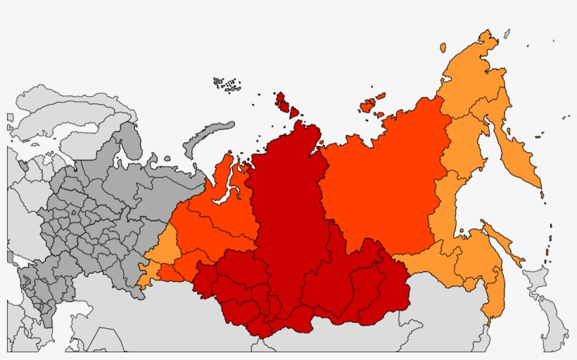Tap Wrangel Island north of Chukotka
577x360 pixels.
point(443,48)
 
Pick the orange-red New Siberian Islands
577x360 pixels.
point(369,105)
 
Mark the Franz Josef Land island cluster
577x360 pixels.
point(227,84)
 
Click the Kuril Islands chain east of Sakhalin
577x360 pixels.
point(548,243)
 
